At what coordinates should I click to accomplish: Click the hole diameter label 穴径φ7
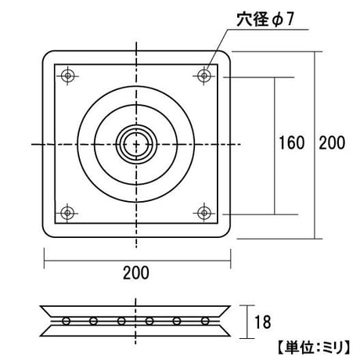click(x=265, y=19)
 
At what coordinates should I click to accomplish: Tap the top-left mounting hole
click(x=68, y=76)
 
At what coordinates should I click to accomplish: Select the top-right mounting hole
click(x=204, y=76)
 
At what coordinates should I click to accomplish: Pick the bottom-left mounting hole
click(x=67, y=213)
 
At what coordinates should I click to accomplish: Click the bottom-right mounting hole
click(x=204, y=213)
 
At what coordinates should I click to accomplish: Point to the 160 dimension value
click(x=292, y=143)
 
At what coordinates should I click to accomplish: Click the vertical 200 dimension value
click(x=332, y=143)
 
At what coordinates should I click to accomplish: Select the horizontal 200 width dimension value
click(x=136, y=273)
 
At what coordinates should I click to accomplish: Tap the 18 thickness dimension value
click(x=263, y=322)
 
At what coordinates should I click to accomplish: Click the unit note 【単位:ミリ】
click(x=315, y=347)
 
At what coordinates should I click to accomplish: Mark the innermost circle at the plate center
click(x=136, y=144)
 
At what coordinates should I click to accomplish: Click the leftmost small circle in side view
click(x=66, y=321)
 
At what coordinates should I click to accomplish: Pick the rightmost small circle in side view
click(x=205, y=321)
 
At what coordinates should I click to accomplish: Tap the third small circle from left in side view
click(x=121, y=321)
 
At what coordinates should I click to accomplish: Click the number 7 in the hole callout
click(x=290, y=20)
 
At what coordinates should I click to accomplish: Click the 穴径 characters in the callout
click(x=252, y=19)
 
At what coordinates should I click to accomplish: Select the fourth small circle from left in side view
click(x=149, y=321)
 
